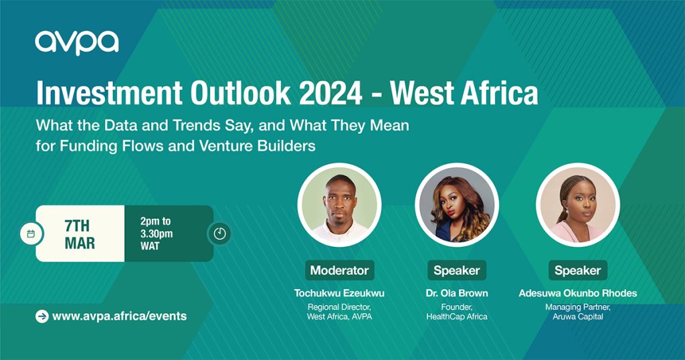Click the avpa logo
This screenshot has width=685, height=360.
tap(77, 43)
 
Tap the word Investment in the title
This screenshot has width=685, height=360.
tap(109, 92)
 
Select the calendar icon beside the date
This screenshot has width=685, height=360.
tap(31, 234)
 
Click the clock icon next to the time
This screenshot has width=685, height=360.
tap(219, 234)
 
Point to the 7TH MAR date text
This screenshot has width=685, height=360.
tap(80, 235)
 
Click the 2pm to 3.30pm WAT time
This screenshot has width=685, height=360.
tap(156, 234)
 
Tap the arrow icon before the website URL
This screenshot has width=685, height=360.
tap(42, 317)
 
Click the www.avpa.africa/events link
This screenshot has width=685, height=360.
tap(119, 316)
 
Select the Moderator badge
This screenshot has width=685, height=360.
tap(339, 270)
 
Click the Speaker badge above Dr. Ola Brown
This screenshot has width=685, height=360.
tap(456, 270)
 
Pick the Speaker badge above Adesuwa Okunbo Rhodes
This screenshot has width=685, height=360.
tap(577, 270)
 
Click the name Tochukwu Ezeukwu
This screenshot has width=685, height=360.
tap(339, 293)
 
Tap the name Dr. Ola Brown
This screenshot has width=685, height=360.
tap(456, 293)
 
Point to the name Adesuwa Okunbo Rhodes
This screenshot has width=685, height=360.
tap(577, 293)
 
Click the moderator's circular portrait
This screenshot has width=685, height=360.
tap(339, 205)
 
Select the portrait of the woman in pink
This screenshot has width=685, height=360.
tap(577, 205)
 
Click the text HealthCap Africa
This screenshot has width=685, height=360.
tap(456, 317)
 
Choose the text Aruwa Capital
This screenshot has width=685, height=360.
tap(577, 317)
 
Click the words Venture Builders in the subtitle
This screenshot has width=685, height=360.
tap(258, 145)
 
